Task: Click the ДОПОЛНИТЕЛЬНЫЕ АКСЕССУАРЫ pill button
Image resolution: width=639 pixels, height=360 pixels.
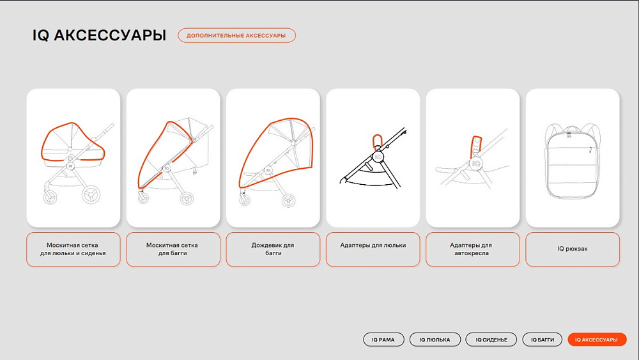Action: pyautogui.click(x=236, y=35)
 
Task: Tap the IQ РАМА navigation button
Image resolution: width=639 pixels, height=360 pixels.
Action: pyautogui.click(x=383, y=340)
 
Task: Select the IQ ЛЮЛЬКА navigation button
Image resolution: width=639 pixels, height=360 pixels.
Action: pyautogui.click(x=435, y=340)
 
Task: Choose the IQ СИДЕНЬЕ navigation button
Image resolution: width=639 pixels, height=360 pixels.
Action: pyautogui.click(x=491, y=340)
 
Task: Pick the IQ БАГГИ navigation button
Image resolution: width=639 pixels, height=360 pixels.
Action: pyautogui.click(x=543, y=340)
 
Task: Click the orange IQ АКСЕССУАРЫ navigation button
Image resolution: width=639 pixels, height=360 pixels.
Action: pyautogui.click(x=597, y=340)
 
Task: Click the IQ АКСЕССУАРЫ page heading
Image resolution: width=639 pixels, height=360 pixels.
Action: pyautogui.click(x=99, y=35)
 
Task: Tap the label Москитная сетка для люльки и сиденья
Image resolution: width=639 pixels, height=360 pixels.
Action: pyautogui.click(x=73, y=249)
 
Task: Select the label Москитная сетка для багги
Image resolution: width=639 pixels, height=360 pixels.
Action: pyautogui.click(x=173, y=249)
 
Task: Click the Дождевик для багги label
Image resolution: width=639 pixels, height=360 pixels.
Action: pyautogui.click(x=273, y=249)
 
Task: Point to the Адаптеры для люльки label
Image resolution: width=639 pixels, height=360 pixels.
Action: pyautogui.click(x=373, y=246)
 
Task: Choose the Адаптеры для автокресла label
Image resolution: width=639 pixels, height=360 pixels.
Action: pyautogui.click(x=472, y=249)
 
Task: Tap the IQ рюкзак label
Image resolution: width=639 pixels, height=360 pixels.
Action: pyautogui.click(x=573, y=249)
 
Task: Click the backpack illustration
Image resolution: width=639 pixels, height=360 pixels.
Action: pyautogui.click(x=573, y=160)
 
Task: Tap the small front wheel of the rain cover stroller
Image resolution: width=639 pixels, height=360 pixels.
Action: pyautogui.click(x=245, y=200)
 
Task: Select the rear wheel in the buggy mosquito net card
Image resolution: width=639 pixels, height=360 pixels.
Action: pyautogui.click(x=187, y=199)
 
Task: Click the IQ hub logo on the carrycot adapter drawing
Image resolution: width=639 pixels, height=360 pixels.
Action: pyautogui.click(x=378, y=157)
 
